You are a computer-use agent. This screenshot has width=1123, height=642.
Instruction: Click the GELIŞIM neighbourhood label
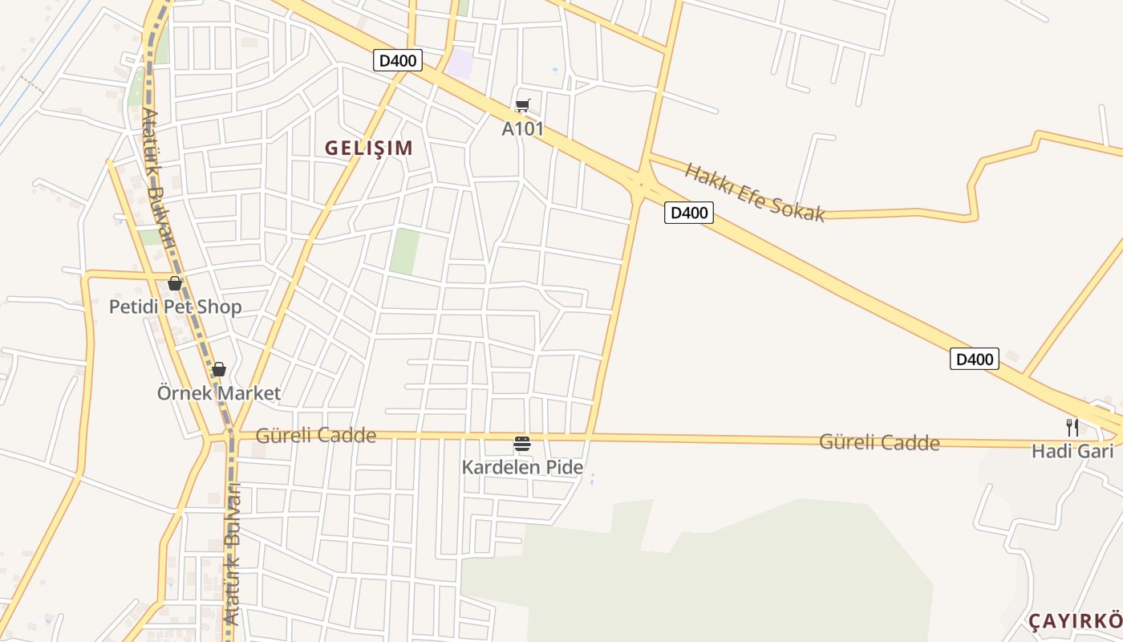(x=369, y=148)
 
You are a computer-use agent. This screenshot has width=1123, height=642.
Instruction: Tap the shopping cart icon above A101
(x=523, y=105)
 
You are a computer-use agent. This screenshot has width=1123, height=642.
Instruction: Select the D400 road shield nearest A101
(x=398, y=60)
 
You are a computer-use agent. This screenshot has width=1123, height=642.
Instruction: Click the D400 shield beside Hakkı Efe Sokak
(x=688, y=213)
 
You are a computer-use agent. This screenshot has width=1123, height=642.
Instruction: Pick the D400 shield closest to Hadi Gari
(x=975, y=359)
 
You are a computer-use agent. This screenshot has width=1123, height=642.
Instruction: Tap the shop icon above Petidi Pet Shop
(x=175, y=283)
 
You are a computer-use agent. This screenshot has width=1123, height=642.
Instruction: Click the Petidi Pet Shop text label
(x=175, y=307)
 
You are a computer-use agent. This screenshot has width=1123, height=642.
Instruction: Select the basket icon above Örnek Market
(x=218, y=369)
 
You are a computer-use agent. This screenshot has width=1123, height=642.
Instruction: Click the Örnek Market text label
(x=219, y=393)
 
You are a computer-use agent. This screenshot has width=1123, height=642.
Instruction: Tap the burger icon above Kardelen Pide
(x=522, y=443)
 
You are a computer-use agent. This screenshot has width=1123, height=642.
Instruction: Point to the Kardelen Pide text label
(x=522, y=466)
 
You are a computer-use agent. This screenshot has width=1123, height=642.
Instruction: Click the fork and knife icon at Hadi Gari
(x=1072, y=427)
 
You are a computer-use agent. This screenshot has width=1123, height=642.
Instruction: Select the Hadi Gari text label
(x=1072, y=451)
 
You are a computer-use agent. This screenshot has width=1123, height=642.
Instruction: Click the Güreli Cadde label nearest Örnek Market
(x=315, y=436)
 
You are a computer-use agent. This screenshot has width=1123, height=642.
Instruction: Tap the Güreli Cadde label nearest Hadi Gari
(x=879, y=442)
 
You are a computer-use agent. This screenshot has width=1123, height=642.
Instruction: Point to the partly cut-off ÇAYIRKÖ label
(x=1075, y=621)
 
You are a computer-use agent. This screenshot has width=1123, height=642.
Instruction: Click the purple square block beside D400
(x=460, y=63)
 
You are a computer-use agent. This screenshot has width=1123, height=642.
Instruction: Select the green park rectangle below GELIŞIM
(x=405, y=250)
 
